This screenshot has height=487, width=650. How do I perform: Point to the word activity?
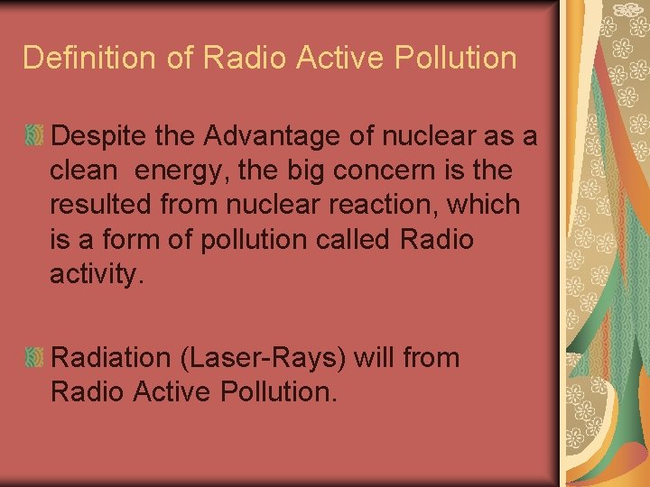pos(95,274)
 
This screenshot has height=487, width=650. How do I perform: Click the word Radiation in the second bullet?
pos(113,358)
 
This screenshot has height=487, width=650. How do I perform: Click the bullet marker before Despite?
pos(34,137)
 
